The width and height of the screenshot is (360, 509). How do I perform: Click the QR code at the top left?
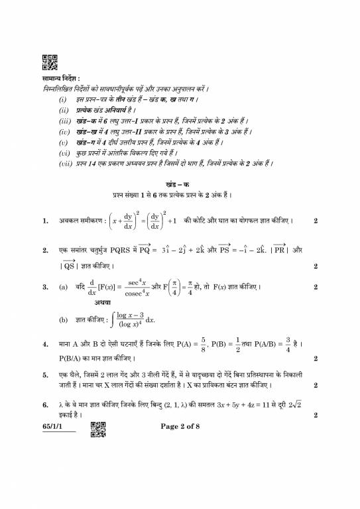coord(49,62)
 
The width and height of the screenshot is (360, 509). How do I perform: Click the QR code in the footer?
coord(98,430)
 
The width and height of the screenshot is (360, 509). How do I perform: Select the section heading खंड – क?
coord(179,184)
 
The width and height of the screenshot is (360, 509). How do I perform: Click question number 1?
coord(45,220)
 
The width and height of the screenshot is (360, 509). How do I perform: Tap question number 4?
coord(45,345)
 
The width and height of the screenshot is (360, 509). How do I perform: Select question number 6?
coord(45,404)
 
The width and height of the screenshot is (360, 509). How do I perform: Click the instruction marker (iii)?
coord(64,121)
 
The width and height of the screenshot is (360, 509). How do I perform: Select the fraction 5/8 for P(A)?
coord(204,345)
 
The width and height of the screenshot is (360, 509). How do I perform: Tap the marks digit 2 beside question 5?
coord(316,384)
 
